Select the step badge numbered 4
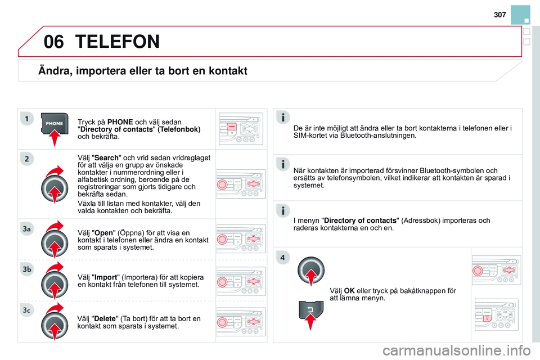click(x=283, y=258)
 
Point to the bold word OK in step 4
click(x=349, y=290)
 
